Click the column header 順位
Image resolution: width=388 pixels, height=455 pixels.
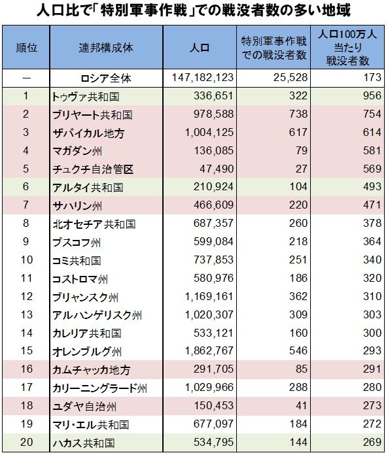point(26,49)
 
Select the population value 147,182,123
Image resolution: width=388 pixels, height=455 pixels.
point(202,78)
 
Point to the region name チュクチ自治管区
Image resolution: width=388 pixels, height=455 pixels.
point(92,169)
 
